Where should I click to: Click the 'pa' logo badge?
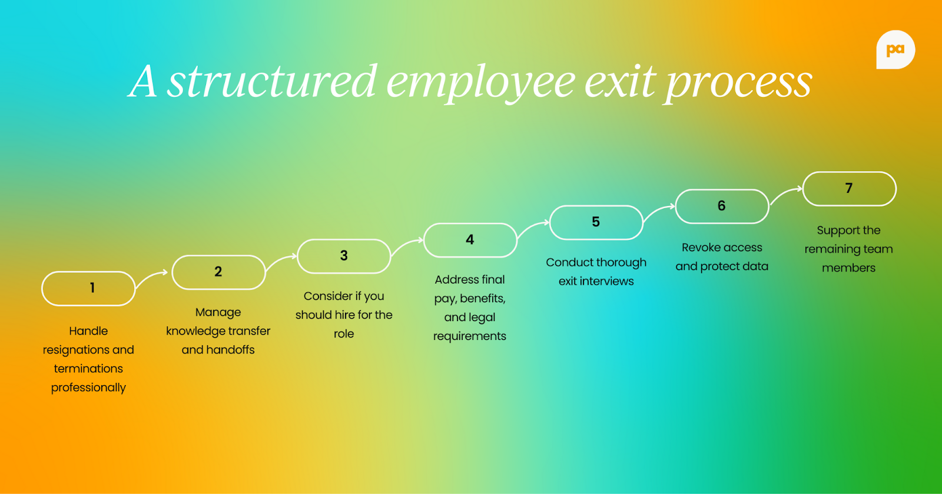895,50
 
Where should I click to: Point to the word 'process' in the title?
739,82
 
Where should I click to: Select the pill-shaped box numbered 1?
88,288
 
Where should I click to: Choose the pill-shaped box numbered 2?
218,272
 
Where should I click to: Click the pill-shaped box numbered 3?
344,256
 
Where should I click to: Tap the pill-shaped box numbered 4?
470,240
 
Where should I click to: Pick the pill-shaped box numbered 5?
596,222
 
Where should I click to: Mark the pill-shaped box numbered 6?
722,206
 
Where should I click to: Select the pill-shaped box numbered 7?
849,189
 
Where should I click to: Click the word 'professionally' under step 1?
88,388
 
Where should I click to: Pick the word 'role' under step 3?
344,334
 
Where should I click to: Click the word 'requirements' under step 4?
470,336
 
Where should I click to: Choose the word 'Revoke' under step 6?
701,248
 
